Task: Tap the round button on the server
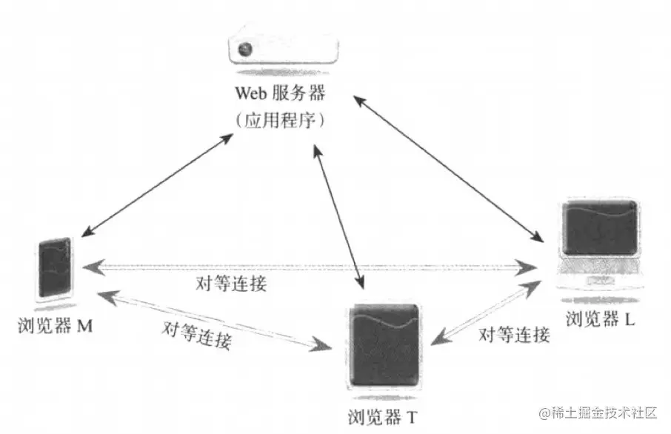point(244,50)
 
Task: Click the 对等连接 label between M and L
point(231,284)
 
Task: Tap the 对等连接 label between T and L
point(514,335)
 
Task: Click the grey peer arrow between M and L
point(311,265)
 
